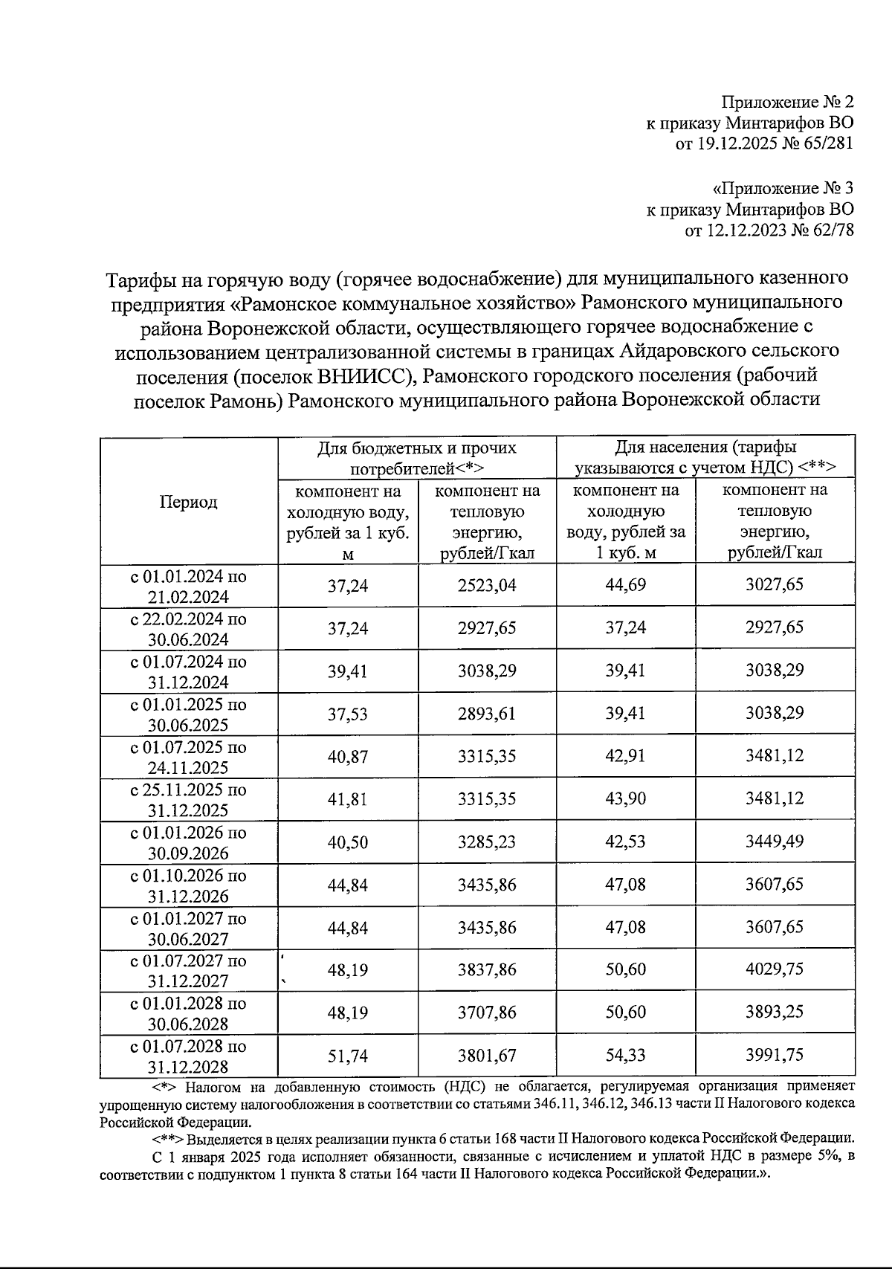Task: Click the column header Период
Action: pos(188,502)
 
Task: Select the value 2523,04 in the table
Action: pos(487,586)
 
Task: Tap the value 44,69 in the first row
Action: pos(625,585)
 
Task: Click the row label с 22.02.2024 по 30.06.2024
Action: pos(188,629)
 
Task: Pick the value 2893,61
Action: pos(487,714)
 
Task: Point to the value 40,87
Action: pos(347,757)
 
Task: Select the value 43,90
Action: pos(625,799)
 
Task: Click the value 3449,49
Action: pos(774,842)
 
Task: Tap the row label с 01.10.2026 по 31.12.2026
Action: pos(188,885)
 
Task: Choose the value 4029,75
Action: pos(774,969)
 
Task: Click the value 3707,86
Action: pos(487,1013)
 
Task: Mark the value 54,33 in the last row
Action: pos(625,1055)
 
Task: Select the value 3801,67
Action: pos(487,1056)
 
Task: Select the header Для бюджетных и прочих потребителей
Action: pos(416,458)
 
